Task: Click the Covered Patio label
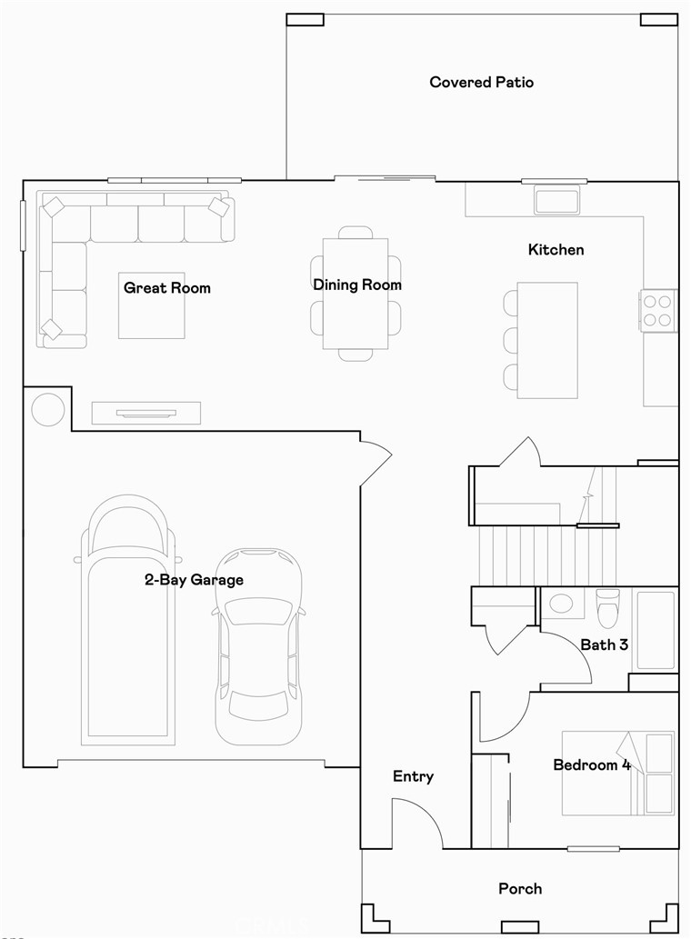tap(481, 83)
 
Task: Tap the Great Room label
tap(167, 288)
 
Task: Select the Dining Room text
tap(357, 285)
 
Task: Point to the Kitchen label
tap(556, 249)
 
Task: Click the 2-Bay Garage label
tap(194, 579)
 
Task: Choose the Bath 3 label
tap(605, 644)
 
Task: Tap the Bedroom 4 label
tap(592, 765)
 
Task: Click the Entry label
tap(413, 776)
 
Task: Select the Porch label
tap(520, 888)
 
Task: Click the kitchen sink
tap(557, 200)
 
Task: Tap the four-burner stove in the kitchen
tap(658, 309)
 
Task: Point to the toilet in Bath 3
tap(607, 606)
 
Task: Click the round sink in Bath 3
tap(561, 604)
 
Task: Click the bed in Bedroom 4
tap(618, 773)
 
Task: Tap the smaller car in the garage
tap(258, 645)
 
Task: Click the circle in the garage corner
tap(48, 409)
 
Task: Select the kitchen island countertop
tap(547, 340)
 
